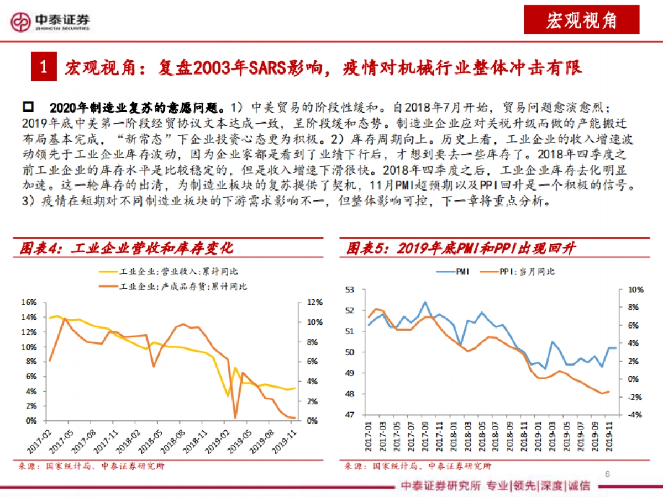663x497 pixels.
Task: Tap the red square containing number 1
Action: (44, 67)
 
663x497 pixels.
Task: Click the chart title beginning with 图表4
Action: (127, 248)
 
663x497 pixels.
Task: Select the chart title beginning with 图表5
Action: (461, 248)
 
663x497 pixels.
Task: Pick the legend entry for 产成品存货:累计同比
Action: (172, 286)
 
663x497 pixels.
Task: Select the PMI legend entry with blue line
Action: (452, 272)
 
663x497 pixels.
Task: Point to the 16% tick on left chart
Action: (29, 302)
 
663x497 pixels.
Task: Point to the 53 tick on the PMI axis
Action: (348, 289)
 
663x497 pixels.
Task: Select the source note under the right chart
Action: (417, 466)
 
